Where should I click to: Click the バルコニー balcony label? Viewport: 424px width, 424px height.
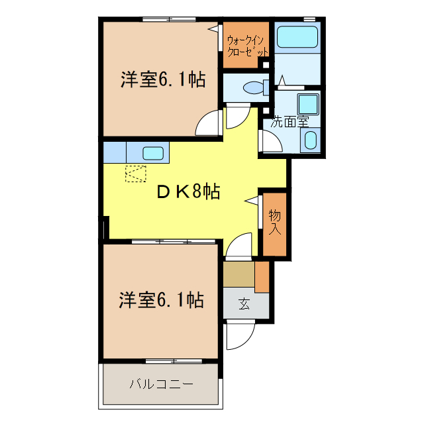coord(161,384)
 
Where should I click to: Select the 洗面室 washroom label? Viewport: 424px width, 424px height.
coord(290,122)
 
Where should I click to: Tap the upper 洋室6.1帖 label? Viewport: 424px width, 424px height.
coord(162,80)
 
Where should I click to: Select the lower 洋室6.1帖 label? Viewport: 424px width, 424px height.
coord(161,300)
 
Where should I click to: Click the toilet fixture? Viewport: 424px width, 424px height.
coord(252,87)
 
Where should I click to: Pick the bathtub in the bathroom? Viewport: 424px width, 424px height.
coord(297,37)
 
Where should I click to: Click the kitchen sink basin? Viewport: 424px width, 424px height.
coord(153,152)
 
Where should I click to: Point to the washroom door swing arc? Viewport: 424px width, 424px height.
coord(270,141)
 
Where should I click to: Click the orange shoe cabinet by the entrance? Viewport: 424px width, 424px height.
coord(262,277)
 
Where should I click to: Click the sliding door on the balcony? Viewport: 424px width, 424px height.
coord(160,361)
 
